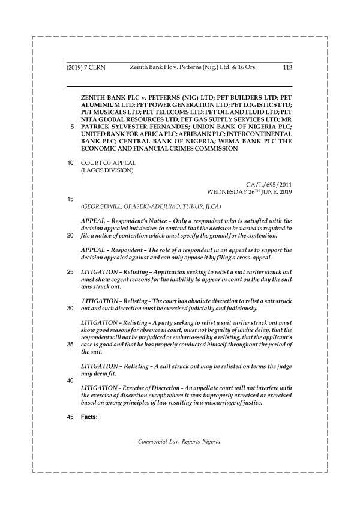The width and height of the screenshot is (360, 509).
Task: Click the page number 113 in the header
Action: coord(286,68)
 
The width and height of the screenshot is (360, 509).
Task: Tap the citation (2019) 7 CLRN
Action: coord(86,68)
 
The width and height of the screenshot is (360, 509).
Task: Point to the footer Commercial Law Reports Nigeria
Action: coord(179,441)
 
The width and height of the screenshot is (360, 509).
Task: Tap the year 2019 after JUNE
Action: coord(282,192)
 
